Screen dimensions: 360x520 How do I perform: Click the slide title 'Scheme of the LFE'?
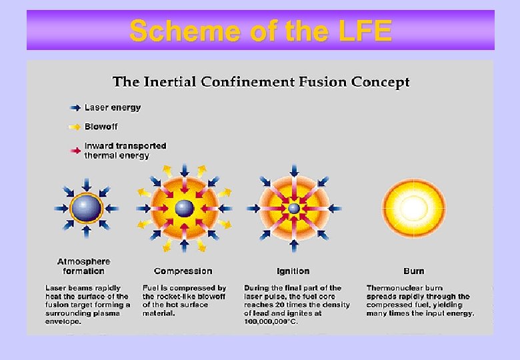[260, 31]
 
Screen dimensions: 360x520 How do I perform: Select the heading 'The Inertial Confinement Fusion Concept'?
[261, 82]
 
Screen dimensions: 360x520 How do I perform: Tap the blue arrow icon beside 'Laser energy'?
[75, 107]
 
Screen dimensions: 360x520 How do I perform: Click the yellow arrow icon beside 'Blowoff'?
[75, 127]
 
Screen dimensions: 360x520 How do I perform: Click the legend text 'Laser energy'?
[113, 107]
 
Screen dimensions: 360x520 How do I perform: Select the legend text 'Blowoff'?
[101, 127]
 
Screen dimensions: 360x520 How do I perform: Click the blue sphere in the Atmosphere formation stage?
[86, 208]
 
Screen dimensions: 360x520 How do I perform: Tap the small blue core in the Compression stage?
[185, 208]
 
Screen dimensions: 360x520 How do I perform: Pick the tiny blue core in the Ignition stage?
[294, 208]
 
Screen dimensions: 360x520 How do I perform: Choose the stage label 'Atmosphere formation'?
[83, 266]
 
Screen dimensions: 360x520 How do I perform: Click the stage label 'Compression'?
[183, 271]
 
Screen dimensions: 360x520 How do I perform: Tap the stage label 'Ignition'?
[293, 271]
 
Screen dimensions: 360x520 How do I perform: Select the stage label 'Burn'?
[413, 271]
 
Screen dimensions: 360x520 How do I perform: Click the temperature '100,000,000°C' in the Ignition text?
[271, 321]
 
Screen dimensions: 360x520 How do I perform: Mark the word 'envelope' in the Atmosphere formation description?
[63, 321]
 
